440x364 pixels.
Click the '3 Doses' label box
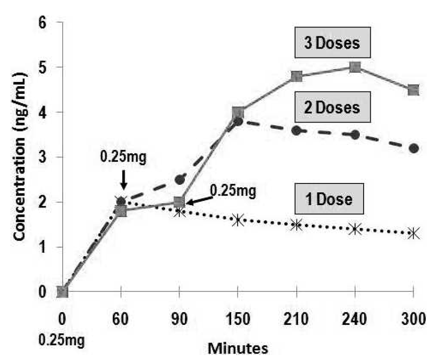[331, 44]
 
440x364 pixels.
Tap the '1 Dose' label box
[331, 199]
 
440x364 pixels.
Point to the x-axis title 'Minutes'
[239, 348]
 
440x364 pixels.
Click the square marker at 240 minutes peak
[355, 67]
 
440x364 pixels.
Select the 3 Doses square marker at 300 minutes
[414, 90]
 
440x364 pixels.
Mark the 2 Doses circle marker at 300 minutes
[414, 149]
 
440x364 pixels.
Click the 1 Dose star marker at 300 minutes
[414, 233]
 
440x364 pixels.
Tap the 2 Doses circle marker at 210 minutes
[297, 131]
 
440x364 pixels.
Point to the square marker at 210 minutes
[297, 76]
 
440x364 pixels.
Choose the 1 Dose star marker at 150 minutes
[238, 220]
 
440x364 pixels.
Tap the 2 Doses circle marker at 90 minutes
[180, 180]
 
